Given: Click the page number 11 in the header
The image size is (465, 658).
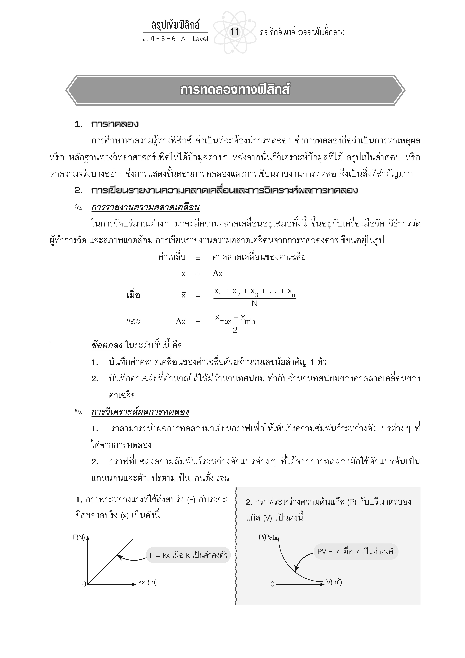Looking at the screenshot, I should point(234,32).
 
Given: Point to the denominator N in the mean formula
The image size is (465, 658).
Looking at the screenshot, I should point(254,304).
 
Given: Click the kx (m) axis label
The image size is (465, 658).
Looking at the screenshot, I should point(147,582).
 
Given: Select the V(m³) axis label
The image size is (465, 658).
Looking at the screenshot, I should point(334,582).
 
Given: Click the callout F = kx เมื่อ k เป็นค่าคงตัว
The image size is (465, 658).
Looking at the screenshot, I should point(188,555).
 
